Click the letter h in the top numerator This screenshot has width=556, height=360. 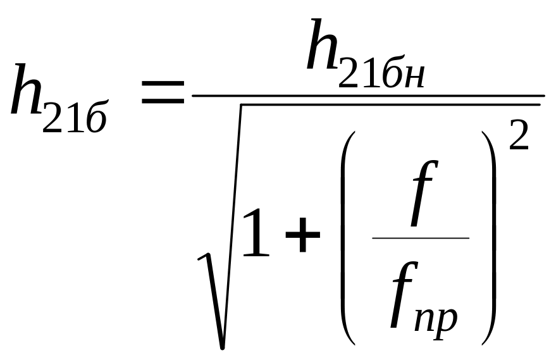[x=323, y=46]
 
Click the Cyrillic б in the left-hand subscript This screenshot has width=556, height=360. [x=96, y=119]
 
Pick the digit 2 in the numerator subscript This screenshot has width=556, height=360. [x=350, y=74]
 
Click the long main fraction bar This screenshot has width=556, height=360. [x=367, y=96]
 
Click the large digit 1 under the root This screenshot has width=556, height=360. [x=255, y=234]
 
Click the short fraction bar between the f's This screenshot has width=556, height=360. [x=421, y=239]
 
